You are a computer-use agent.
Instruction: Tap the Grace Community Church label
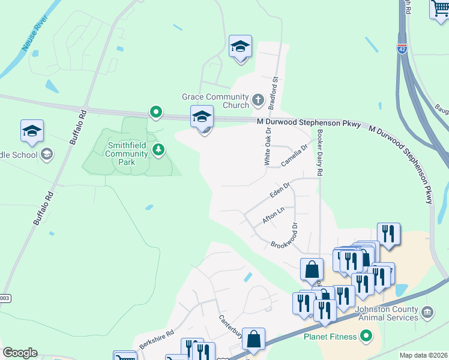coord(215,101)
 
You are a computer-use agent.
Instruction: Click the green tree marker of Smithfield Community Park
coord(158,149)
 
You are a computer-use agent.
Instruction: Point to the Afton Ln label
coord(273,216)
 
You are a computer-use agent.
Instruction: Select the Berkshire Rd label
coord(156,339)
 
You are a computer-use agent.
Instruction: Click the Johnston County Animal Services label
coord(387,313)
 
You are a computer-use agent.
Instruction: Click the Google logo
coord(20,353)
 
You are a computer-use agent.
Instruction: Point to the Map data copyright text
coord(423,355)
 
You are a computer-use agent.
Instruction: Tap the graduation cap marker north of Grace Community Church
coord(240,47)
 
